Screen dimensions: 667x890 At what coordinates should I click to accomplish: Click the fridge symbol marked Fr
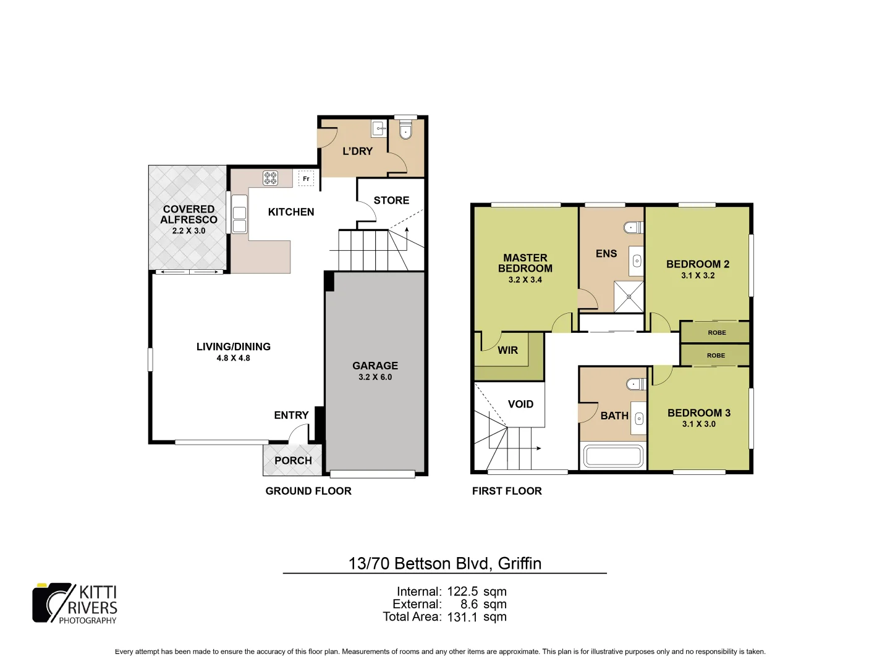click(x=306, y=178)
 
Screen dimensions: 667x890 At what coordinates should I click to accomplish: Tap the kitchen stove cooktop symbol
click(x=271, y=178)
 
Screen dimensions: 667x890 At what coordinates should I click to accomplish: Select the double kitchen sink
click(x=239, y=219)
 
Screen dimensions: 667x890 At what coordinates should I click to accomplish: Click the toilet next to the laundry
click(x=405, y=130)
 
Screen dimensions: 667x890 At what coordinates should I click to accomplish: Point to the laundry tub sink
click(x=378, y=128)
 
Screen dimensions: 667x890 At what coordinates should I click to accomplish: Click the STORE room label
click(x=391, y=200)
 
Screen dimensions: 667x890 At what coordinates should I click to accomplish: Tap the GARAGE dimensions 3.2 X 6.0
click(x=375, y=377)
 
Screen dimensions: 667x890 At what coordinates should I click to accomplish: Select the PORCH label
click(x=293, y=461)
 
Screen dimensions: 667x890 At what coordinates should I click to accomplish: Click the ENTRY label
click(x=291, y=415)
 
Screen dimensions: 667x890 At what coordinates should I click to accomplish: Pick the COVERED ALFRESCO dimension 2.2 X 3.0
click(x=189, y=230)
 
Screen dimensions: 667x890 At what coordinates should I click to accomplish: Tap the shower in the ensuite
click(x=629, y=296)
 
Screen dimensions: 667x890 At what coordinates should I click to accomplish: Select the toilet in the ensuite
click(x=633, y=227)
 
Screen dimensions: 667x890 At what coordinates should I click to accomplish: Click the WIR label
click(x=507, y=350)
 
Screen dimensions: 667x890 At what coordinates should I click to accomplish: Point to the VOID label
click(x=520, y=404)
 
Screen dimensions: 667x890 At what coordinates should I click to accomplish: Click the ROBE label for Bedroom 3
click(x=716, y=355)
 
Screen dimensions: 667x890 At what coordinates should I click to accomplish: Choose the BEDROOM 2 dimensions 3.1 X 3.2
click(x=698, y=275)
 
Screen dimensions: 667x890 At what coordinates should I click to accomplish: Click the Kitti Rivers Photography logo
click(x=75, y=603)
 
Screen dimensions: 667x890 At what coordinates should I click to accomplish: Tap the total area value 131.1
click(x=462, y=617)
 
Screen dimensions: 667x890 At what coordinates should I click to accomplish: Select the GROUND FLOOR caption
click(x=308, y=491)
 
